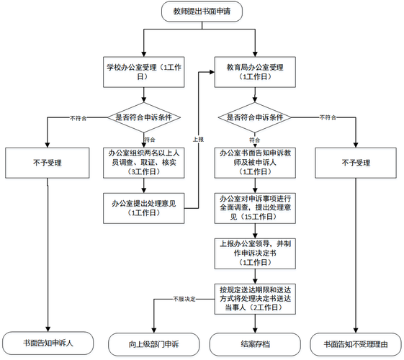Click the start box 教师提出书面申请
click(202, 12)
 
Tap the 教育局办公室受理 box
click(251, 71)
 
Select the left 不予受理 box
click(48, 163)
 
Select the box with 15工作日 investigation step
click(251, 207)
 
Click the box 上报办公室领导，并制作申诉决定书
click(251, 253)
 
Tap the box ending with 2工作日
click(251, 298)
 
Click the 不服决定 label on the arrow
click(184, 297)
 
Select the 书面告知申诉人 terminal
click(48, 343)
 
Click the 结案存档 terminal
click(251, 343)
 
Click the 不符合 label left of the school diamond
click(79, 116)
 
